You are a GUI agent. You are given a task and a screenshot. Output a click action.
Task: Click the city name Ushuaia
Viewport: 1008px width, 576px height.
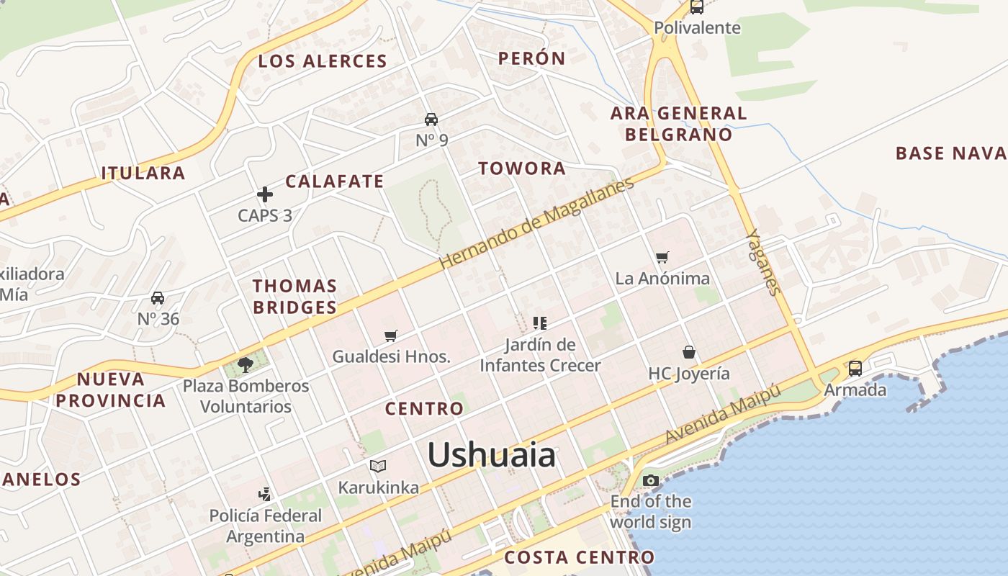pyautogui.click(x=492, y=455)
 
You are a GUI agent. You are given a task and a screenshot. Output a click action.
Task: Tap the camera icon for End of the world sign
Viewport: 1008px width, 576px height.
pyautogui.click(x=651, y=480)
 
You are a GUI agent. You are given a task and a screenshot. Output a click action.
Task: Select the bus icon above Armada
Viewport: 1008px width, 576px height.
pyautogui.click(x=855, y=368)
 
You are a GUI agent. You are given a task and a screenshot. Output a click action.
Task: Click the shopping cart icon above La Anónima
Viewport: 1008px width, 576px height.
pyautogui.click(x=662, y=257)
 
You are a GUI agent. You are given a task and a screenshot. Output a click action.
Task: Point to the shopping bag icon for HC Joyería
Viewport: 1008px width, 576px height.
pyautogui.click(x=689, y=352)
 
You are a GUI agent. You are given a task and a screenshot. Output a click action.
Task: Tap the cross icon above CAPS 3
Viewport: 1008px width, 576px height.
pyautogui.click(x=265, y=194)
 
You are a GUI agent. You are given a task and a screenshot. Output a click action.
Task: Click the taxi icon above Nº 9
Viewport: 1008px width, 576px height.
pyautogui.click(x=431, y=120)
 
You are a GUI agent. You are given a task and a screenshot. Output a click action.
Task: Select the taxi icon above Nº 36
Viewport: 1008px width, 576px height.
pyautogui.click(x=158, y=298)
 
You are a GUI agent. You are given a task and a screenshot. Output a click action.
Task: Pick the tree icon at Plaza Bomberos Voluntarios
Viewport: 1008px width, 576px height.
pyautogui.click(x=245, y=364)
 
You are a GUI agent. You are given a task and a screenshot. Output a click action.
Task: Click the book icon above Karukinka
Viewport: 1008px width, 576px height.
pyautogui.click(x=378, y=466)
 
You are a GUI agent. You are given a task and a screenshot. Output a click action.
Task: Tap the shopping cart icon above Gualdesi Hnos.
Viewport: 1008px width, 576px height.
pyautogui.click(x=391, y=335)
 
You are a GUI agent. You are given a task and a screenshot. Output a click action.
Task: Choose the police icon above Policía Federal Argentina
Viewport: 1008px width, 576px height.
pyautogui.click(x=266, y=494)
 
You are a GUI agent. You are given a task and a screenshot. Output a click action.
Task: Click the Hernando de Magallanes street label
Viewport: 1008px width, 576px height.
pyautogui.click(x=536, y=224)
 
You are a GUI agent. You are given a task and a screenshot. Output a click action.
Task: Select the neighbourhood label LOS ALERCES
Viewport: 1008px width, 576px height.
pyautogui.click(x=323, y=61)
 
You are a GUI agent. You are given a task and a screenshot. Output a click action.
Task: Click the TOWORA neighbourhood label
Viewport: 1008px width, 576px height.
pyautogui.click(x=522, y=168)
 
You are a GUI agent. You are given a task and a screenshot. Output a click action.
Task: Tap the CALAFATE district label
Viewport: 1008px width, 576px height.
pyautogui.click(x=335, y=181)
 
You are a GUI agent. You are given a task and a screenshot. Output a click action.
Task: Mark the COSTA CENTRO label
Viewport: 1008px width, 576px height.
pyautogui.click(x=579, y=557)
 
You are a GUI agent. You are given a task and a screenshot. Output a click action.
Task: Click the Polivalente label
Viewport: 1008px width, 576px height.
pyautogui.click(x=697, y=27)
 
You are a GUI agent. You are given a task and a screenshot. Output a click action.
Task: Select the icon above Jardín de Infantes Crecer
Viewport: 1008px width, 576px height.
pyautogui.click(x=540, y=323)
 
